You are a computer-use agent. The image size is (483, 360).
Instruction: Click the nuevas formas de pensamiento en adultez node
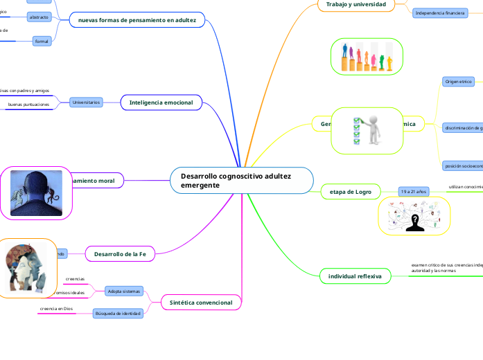pyautogui.click(x=137, y=21)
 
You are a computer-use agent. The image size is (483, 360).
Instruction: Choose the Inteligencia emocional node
pyautogui.click(x=161, y=102)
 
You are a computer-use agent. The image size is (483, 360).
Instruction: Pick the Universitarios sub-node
pyautogui.click(x=86, y=102)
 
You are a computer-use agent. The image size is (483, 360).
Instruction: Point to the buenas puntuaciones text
pyautogui.click(x=28, y=105)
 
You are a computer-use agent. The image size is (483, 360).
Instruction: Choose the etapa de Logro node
pyautogui.click(x=352, y=191)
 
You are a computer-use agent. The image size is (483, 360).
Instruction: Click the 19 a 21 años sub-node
pyautogui.click(x=414, y=191)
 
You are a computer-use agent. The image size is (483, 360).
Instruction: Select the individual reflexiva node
pyautogui.click(x=355, y=277)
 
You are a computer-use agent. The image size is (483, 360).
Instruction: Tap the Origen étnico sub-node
pyautogui.click(x=458, y=82)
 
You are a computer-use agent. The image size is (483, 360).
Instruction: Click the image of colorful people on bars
pyautogui.click(x=367, y=56)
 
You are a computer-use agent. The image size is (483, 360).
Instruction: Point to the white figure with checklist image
pyautogui.click(x=367, y=129)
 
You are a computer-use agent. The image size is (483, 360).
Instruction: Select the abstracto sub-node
pyautogui.click(x=39, y=17)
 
